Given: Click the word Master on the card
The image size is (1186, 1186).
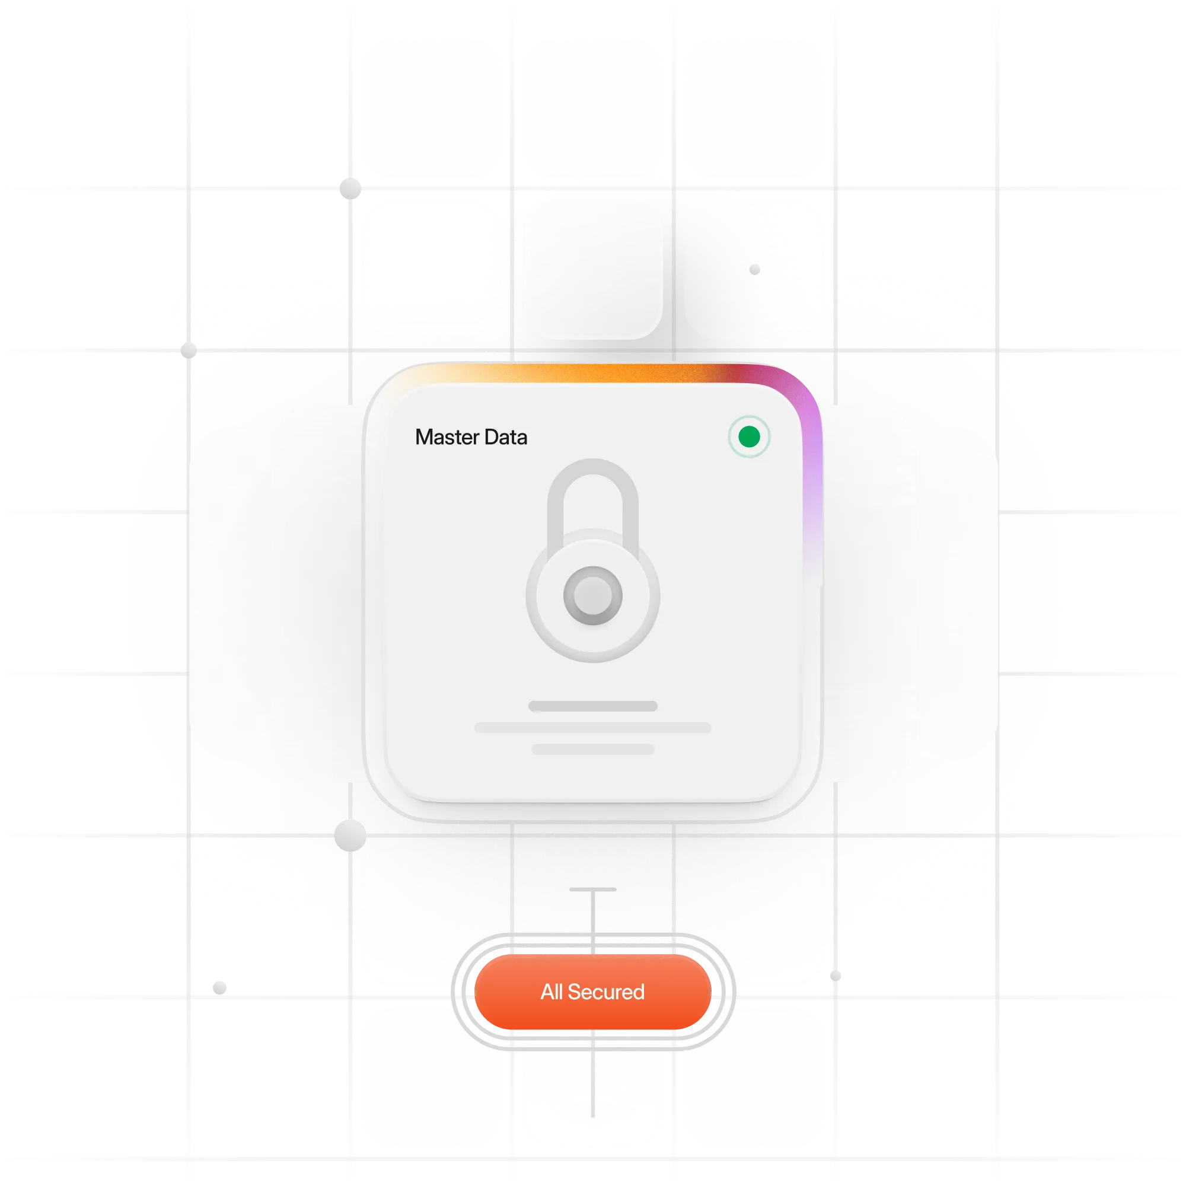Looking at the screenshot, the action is point(447,437).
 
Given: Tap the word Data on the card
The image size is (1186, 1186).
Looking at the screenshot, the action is point(506,437).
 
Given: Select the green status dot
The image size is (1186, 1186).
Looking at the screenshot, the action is point(749,437).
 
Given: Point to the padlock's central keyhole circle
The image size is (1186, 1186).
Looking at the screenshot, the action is point(593,595).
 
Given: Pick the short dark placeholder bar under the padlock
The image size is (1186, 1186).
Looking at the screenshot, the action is point(593,706).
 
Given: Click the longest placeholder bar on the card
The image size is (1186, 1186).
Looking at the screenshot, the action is point(593,728).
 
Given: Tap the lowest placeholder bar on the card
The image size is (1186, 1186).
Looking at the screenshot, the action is point(593,749).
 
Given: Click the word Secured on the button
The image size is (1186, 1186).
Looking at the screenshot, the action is point(606,991).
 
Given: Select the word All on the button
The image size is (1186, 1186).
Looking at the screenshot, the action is point(551,991).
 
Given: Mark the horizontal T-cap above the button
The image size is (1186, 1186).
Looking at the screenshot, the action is point(593,889).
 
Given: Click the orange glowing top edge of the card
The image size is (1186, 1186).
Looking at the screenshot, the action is point(589,372).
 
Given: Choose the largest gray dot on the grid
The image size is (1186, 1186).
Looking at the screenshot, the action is point(350,836).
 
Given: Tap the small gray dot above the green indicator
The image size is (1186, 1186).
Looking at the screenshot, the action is point(754,269).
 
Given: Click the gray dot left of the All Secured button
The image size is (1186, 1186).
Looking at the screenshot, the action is point(220,988).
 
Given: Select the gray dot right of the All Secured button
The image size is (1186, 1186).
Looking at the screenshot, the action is point(836,975).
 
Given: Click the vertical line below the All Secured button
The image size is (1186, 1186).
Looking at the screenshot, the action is point(593,1074).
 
